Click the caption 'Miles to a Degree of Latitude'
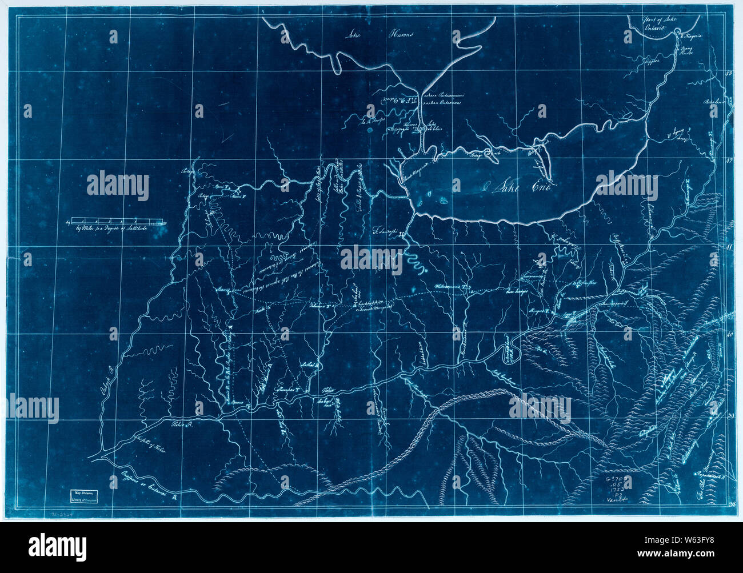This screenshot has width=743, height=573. [x=111, y=229]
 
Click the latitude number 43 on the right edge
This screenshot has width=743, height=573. [x=729, y=74]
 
